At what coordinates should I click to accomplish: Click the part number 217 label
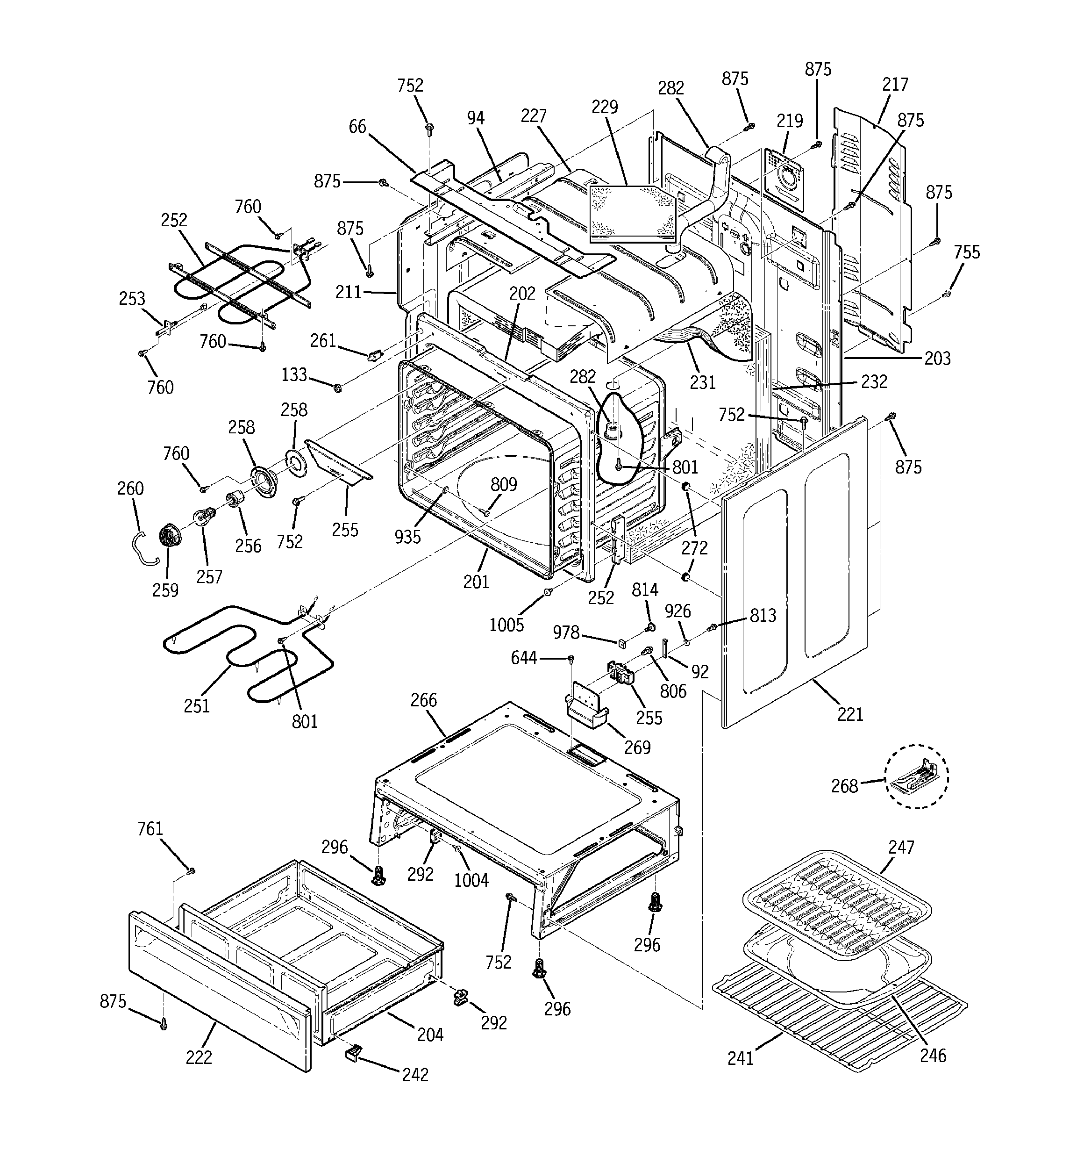[894, 85]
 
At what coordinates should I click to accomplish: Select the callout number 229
[605, 107]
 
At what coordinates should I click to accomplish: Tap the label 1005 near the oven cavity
[506, 625]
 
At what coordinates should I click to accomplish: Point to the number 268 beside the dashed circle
[844, 786]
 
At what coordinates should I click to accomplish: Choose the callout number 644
[523, 658]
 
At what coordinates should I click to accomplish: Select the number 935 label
[407, 537]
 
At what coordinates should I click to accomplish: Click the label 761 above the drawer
[150, 828]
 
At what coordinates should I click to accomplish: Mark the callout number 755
[966, 252]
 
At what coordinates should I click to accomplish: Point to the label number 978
[565, 632]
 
